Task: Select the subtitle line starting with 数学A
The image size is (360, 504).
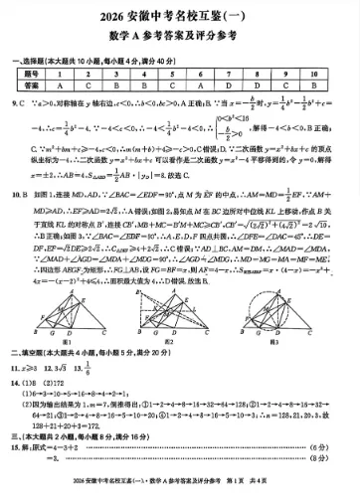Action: coord(179,42)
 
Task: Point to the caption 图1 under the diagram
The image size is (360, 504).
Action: coord(67,339)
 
